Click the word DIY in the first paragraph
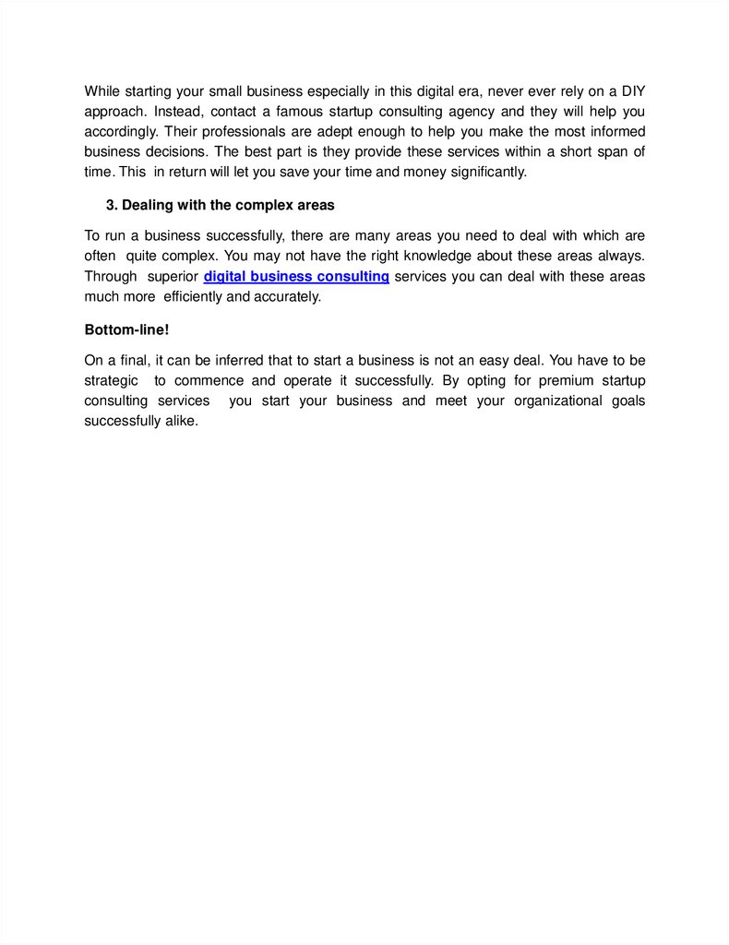coord(632,90)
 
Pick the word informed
coord(615,131)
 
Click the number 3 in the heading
coord(111,204)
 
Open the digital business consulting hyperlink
coord(296,276)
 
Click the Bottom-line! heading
coord(127,329)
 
